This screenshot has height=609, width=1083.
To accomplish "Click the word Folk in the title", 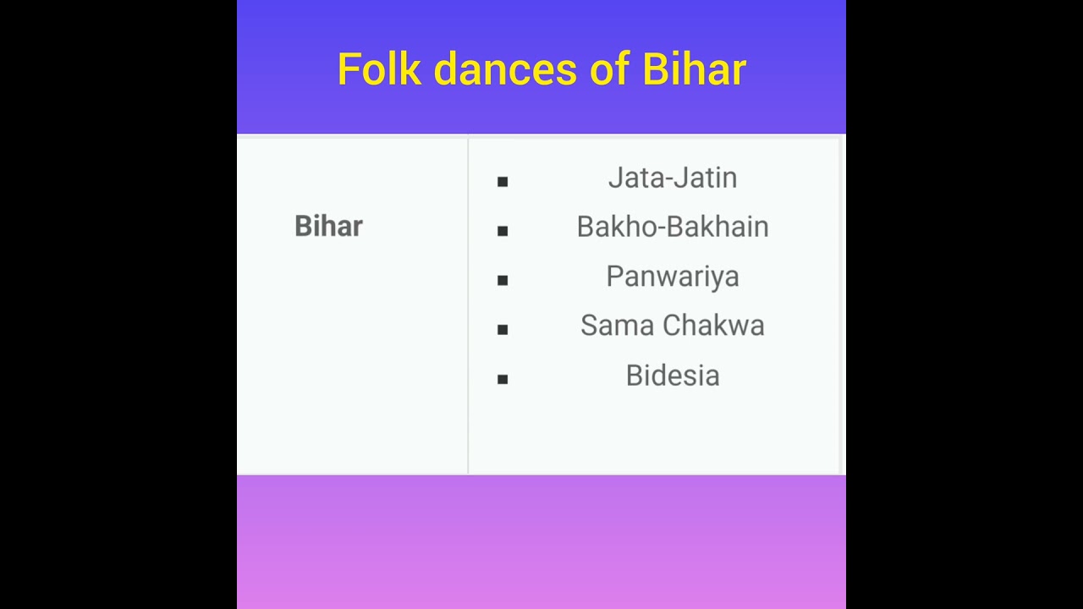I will coord(379,69).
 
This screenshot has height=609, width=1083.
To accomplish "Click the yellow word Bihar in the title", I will coord(694,69).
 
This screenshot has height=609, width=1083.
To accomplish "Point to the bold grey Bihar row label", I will coord(328,226).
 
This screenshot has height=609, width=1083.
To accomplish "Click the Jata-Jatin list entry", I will coord(673,178).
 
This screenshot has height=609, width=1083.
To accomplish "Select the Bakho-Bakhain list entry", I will coord(673,227).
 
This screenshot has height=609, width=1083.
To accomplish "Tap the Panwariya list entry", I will coord(673,277).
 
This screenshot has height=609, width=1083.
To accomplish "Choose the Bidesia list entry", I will coord(673,376).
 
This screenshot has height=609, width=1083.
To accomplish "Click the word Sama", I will coord(617,326).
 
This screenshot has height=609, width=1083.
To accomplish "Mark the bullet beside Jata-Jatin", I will coord(503,181).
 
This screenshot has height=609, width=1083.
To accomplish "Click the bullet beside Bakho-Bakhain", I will coord(503,230).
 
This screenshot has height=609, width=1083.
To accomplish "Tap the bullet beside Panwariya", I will coord(503,280).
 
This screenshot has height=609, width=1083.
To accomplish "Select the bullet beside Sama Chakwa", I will coord(503,329).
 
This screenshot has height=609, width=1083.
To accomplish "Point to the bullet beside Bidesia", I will coord(503,379).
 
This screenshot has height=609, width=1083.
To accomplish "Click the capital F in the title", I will coord(348,69).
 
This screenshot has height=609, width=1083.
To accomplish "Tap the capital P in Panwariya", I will coord(614,276).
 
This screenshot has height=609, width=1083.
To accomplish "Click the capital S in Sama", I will coord(589,326).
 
